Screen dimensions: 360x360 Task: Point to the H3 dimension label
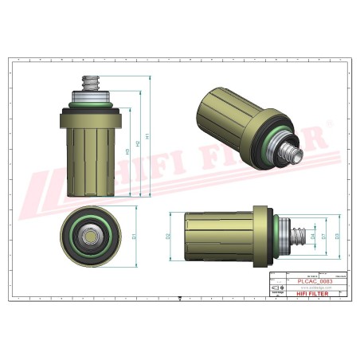128,151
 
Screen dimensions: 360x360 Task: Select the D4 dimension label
313,236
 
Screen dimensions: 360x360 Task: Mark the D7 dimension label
324,236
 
